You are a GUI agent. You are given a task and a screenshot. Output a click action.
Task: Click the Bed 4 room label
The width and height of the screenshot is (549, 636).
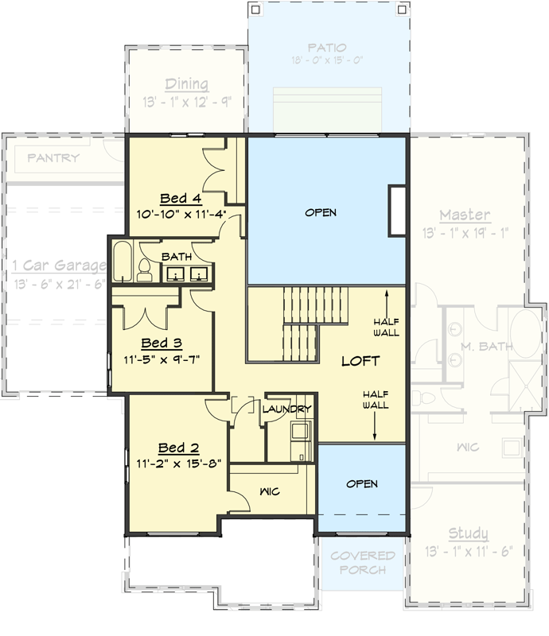(x=180, y=199)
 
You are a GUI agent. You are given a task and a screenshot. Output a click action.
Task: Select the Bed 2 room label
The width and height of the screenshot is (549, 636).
(x=178, y=447)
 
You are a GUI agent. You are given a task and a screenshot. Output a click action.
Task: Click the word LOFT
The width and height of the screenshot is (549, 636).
(x=360, y=361)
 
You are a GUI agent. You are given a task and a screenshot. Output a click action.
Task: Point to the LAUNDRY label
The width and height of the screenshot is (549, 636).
(x=286, y=409)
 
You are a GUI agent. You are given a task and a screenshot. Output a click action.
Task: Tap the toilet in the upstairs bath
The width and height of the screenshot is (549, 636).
(x=145, y=270)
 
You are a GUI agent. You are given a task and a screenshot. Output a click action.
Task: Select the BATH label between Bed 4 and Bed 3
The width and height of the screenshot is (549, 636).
(x=176, y=257)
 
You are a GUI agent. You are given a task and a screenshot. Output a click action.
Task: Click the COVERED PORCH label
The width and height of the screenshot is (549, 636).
(x=363, y=562)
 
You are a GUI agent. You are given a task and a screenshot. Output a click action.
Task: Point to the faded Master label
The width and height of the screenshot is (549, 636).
(x=465, y=215)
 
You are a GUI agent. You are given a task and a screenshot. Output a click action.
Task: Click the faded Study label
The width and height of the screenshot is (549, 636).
(x=468, y=533)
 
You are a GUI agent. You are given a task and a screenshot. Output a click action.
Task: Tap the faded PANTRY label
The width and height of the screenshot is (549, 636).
(x=53, y=157)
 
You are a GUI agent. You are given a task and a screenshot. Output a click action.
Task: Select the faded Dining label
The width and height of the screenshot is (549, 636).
(x=186, y=84)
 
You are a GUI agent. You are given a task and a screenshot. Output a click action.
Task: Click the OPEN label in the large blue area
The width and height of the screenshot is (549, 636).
(x=321, y=212)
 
